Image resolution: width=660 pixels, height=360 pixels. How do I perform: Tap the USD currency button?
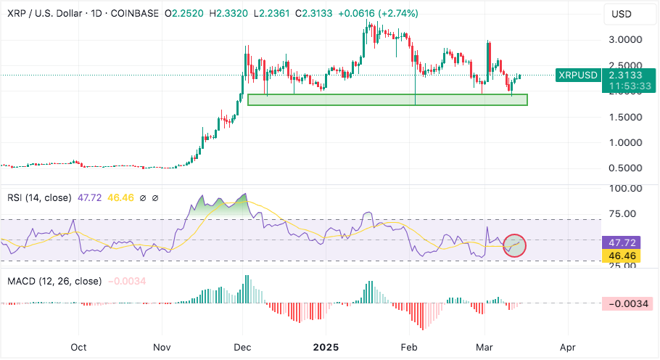pyautogui.click(x=622, y=14)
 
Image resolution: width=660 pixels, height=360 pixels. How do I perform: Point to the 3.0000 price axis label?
pyautogui.click(x=626, y=39)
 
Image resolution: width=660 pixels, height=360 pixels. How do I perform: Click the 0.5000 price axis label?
pyautogui.click(x=626, y=168)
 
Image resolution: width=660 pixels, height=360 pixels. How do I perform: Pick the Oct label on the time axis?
pyautogui.click(x=79, y=347)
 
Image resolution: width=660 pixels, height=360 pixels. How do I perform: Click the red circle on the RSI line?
pyautogui.click(x=514, y=245)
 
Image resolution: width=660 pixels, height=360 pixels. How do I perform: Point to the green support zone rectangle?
pyautogui.click(x=387, y=99)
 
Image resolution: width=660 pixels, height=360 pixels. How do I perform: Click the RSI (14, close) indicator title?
pyautogui.click(x=39, y=197)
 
